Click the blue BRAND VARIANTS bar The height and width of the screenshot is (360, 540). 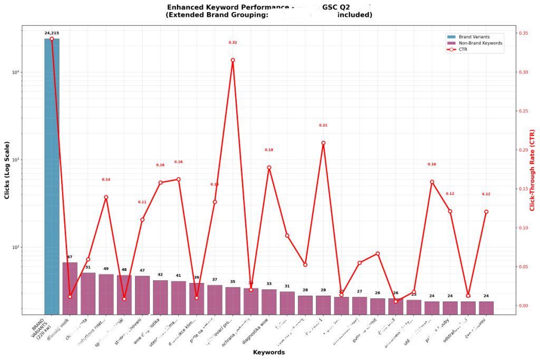click(x=52, y=174)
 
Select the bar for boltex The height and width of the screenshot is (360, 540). click(x=287, y=303)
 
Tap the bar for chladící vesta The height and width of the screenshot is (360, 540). click(x=88, y=293)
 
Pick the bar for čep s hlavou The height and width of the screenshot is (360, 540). click(x=486, y=308)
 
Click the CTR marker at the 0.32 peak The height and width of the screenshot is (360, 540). click(x=233, y=60)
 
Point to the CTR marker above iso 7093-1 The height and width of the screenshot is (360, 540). click(x=323, y=143)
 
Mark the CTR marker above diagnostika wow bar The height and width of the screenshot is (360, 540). click(x=269, y=168)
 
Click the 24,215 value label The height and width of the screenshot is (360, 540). click(x=52, y=33)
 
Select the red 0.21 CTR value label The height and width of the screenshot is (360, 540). click(x=323, y=125)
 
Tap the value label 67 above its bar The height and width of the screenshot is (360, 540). click(x=70, y=257)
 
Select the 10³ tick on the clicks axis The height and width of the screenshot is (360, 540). click(x=15, y=160)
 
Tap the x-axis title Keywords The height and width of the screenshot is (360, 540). click(x=269, y=352)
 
